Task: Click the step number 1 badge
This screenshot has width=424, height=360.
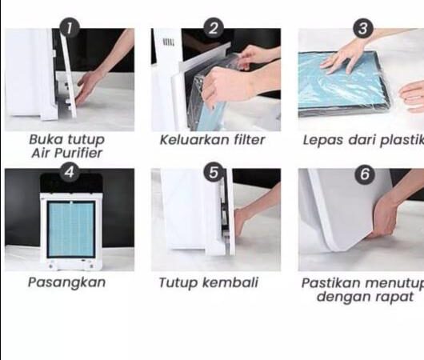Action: [70, 28]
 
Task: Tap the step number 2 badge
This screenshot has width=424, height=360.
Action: [214, 28]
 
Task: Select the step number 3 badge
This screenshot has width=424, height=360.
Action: [363, 28]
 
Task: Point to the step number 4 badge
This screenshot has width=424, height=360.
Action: [70, 172]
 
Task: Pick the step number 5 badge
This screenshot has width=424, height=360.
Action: [214, 172]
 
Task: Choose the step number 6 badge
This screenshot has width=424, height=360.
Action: [365, 174]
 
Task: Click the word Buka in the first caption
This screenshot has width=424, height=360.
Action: [46, 139]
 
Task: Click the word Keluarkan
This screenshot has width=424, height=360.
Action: [194, 140]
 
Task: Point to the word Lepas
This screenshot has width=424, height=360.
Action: [323, 141]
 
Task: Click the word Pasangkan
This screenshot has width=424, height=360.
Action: [66, 283]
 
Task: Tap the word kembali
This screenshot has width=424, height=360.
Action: [230, 282]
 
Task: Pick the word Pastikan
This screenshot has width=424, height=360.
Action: [332, 283]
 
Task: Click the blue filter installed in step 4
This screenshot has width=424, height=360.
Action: [71, 229]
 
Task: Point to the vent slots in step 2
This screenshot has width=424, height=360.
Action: [169, 42]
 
